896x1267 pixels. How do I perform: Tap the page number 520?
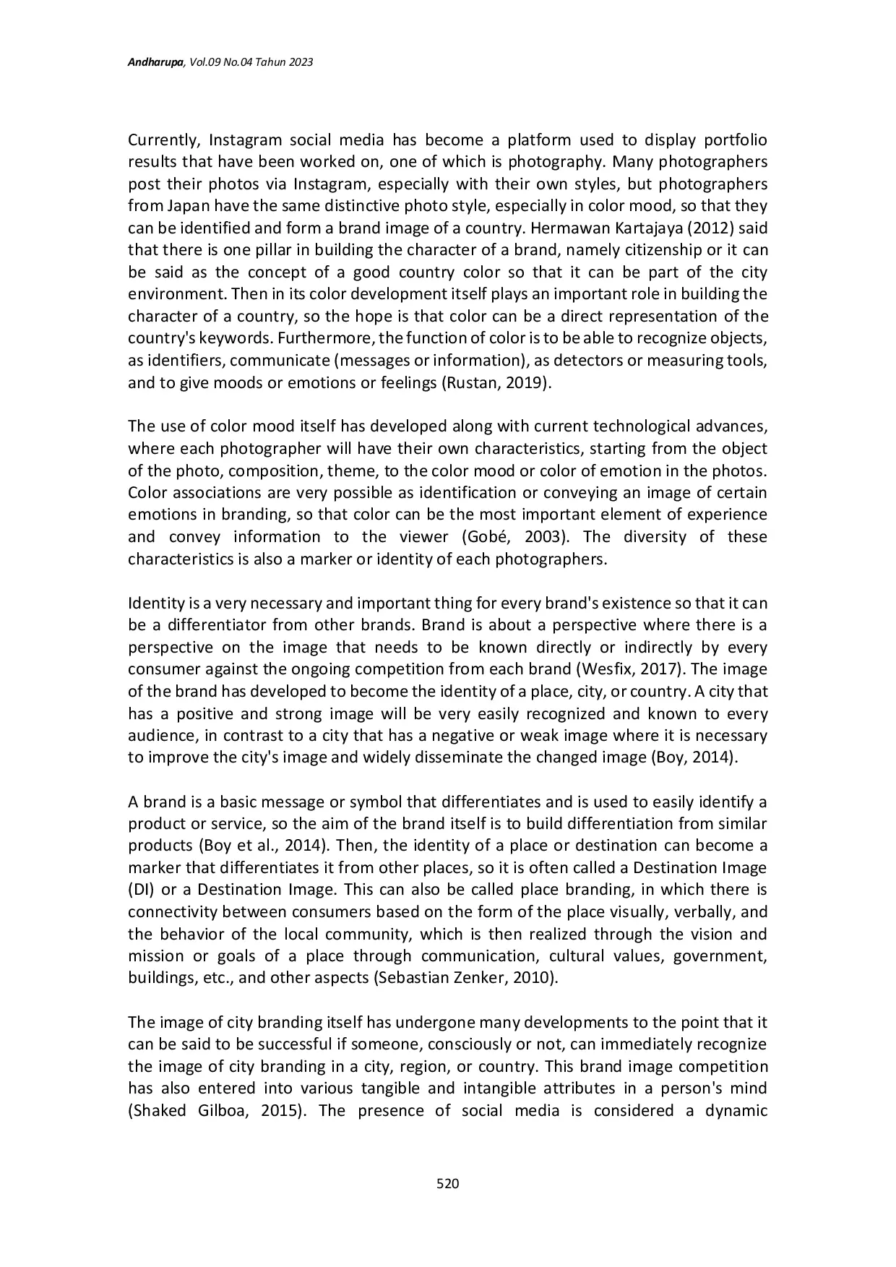click(x=448, y=1183)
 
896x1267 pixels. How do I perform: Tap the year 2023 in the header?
click(x=300, y=63)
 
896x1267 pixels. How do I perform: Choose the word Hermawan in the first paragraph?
click(x=564, y=228)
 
